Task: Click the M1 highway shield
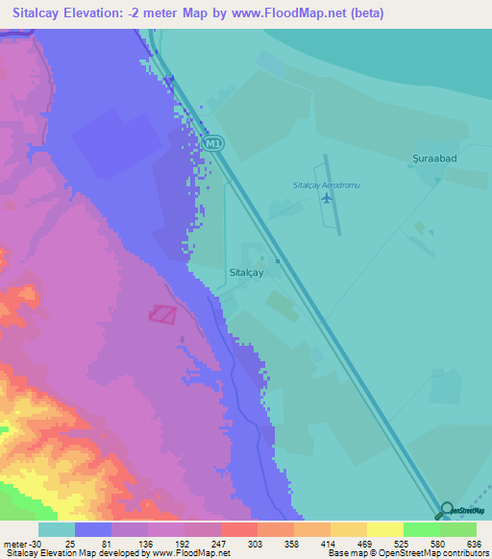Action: pyautogui.click(x=212, y=143)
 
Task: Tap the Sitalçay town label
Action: pyautogui.click(x=247, y=273)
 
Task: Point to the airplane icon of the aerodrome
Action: pyautogui.click(x=328, y=199)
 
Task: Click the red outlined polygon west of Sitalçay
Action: pyautogui.click(x=163, y=313)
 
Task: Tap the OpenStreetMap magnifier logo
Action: pyautogui.click(x=448, y=511)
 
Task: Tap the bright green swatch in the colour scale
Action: pyautogui.click(x=421, y=529)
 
